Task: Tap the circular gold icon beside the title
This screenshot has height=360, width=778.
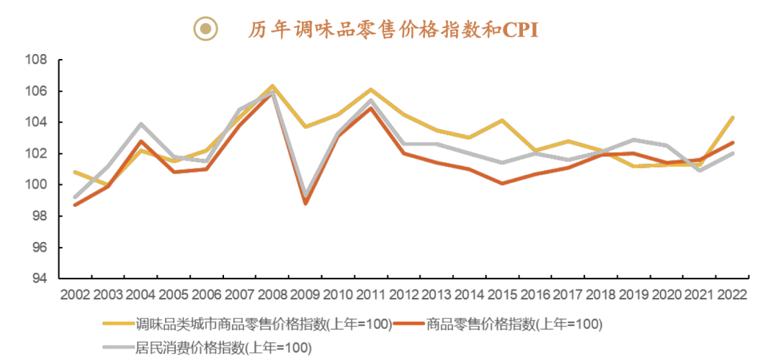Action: point(206,29)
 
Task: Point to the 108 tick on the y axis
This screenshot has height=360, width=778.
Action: point(37,60)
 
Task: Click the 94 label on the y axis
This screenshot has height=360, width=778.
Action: point(40,279)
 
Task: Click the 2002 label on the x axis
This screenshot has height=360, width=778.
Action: point(76,294)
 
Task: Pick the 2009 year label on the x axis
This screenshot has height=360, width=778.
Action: point(305,294)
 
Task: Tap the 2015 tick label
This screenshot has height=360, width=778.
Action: point(501,294)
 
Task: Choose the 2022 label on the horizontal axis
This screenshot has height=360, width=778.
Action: point(731,294)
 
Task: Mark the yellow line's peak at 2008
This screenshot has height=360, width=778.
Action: point(272,86)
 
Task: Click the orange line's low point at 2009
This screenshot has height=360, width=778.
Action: point(305,204)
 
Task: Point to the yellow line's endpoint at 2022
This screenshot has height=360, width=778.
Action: point(733,117)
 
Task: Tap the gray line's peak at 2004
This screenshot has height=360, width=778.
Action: point(141,124)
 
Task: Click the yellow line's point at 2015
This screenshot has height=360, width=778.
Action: point(502,120)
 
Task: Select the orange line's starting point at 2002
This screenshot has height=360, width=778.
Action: point(76,205)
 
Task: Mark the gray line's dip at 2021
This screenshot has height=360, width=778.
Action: point(699,171)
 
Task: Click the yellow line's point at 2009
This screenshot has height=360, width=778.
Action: point(305,127)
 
